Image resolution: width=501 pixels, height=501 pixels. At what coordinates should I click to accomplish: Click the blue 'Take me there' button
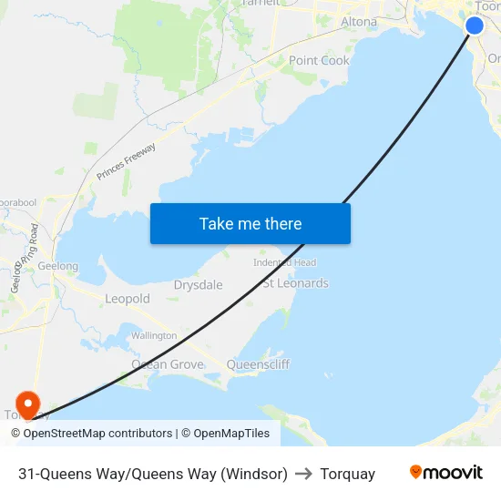pos(250,223)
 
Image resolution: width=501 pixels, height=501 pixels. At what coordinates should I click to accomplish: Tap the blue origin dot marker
pos(475,26)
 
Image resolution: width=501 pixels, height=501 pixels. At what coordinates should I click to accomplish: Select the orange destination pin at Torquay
pos(28,404)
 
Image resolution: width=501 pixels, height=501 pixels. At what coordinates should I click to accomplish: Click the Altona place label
pos(359,21)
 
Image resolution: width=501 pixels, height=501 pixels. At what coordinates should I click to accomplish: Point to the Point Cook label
pos(319,60)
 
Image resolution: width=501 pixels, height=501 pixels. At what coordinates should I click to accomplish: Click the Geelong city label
pos(57,266)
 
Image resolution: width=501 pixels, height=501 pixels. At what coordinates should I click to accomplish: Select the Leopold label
pos(127,299)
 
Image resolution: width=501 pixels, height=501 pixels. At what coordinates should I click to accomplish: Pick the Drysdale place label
pos(198,285)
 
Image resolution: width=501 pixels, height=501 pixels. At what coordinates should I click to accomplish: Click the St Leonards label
pos(295,283)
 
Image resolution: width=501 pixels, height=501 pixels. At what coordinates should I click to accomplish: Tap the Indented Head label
pos(284,262)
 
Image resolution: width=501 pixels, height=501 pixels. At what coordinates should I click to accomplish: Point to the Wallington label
pos(154,335)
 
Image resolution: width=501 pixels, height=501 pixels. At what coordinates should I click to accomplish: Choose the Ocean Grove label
pos(168,364)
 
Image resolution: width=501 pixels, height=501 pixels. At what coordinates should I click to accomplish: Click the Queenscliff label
pos(258,364)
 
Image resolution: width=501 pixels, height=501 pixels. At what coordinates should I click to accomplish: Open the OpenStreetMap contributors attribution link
pos(97,434)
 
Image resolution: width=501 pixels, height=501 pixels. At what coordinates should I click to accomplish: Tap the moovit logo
pos(446,473)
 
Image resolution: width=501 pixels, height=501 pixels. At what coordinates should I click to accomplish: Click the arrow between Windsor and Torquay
pos(304,474)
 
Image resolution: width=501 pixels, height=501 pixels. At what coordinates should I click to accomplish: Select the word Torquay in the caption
pos(347,474)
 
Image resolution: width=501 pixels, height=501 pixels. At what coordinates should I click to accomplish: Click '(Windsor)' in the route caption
pos(254,474)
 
